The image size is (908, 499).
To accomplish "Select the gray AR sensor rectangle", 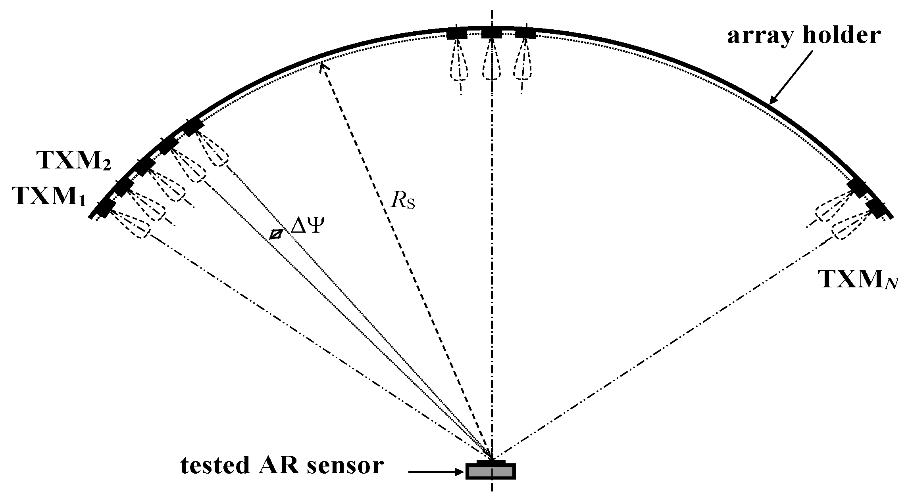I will pyautogui.click(x=491, y=471).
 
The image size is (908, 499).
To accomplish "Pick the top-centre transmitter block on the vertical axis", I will pyautogui.click(x=492, y=33).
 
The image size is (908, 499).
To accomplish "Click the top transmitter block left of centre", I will pyautogui.click(x=457, y=34).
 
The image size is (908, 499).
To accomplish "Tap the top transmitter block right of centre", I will pyautogui.click(x=525, y=33).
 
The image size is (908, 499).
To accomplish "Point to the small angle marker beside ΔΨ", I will pyautogui.click(x=275, y=235).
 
